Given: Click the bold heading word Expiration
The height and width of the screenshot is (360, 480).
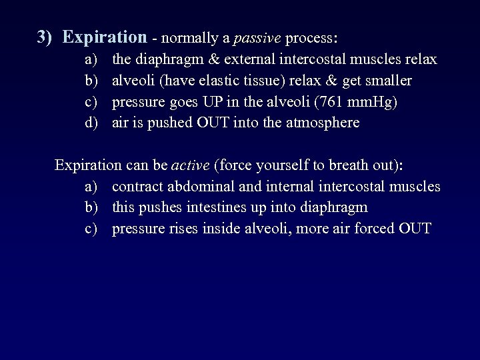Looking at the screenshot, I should [104, 37].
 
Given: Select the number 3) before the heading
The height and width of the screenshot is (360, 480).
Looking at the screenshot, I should [45, 37].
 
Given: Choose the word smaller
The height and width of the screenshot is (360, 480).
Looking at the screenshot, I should [387, 81].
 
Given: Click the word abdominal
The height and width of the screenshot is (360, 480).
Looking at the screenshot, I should [197, 187].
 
